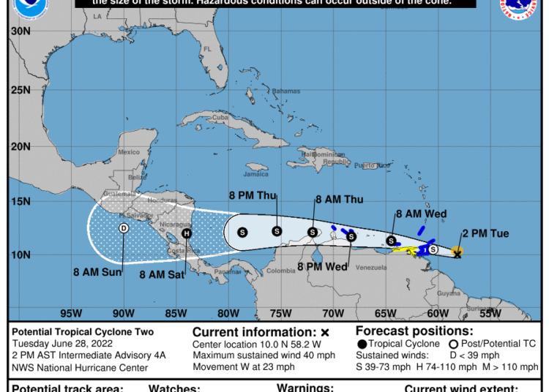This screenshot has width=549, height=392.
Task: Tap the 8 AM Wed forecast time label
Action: (x=421, y=214)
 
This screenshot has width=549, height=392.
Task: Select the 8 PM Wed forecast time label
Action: (x=323, y=267)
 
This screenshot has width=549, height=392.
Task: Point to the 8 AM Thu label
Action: (x=339, y=199)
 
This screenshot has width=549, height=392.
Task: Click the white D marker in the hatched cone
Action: (x=124, y=228)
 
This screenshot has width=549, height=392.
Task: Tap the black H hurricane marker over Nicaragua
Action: (x=187, y=234)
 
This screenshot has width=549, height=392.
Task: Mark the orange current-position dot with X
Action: (x=457, y=253)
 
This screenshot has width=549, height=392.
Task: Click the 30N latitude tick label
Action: (x=20, y=31)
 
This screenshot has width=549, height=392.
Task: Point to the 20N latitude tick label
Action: (x=20, y=146)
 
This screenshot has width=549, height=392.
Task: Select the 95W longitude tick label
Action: (x=71, y=314)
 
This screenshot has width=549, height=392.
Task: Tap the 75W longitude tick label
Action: (x=281, y=314)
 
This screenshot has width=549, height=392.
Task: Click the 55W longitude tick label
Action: (x=490, y=314)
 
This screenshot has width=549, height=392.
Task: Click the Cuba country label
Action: (x=220, y=117)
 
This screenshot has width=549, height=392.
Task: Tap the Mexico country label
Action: (x=129, y=152)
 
